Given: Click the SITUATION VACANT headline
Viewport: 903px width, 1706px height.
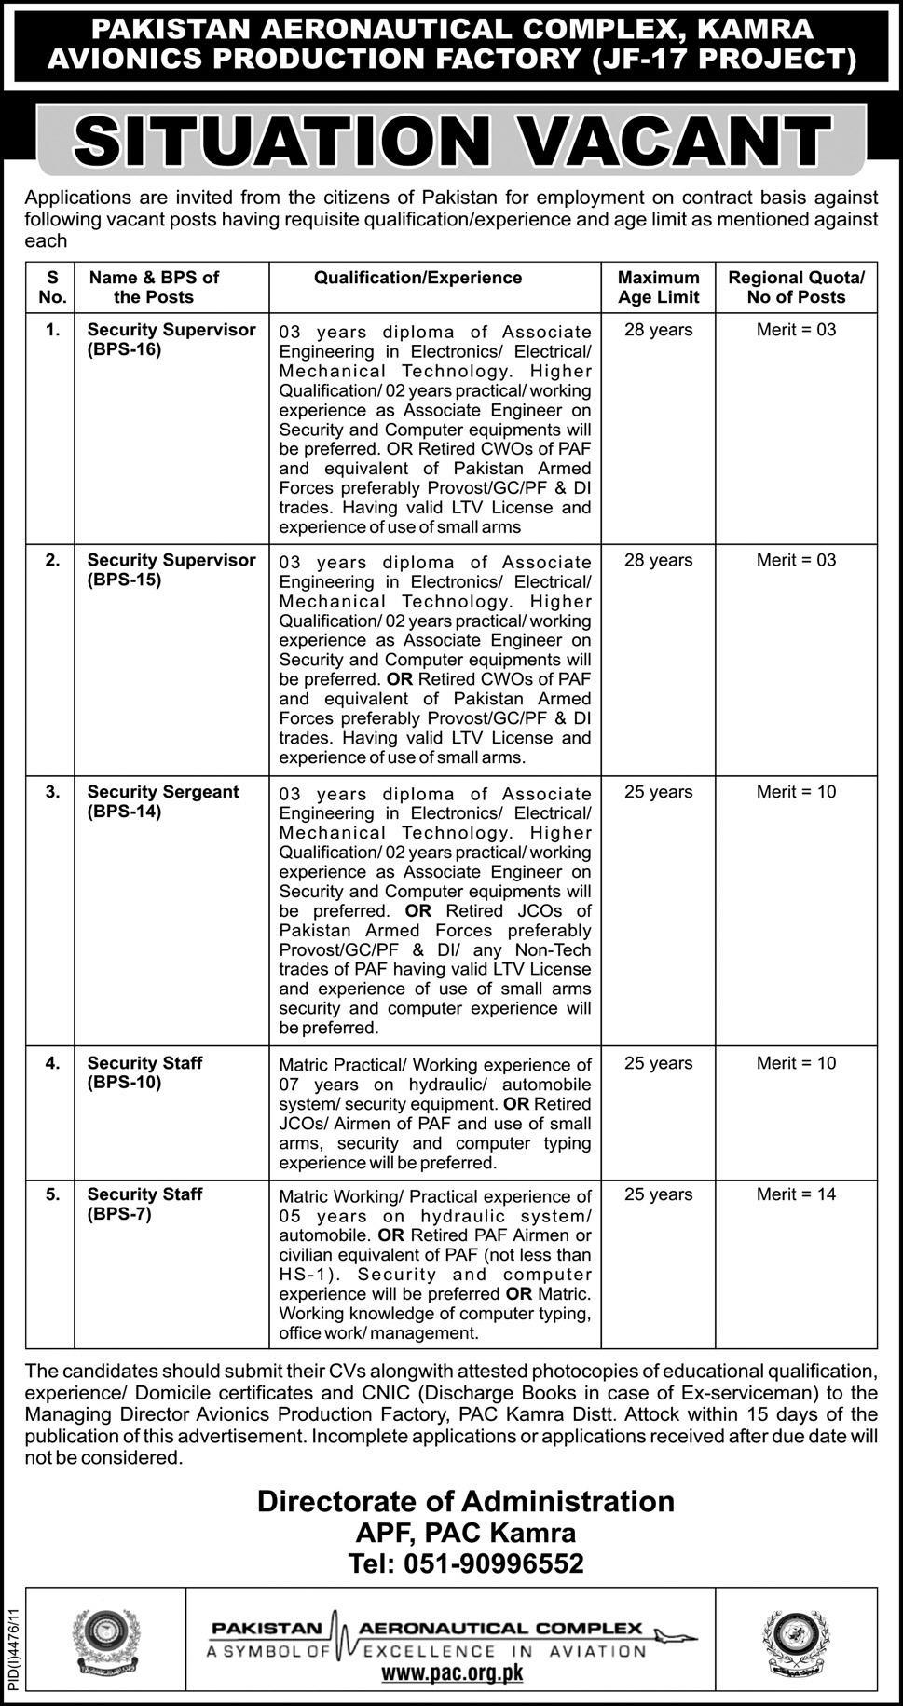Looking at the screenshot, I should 451,143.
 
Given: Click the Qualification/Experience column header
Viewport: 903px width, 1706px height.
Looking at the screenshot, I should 417,278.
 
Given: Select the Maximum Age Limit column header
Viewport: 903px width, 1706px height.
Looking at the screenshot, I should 658,287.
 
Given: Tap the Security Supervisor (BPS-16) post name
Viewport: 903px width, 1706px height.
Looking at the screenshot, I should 171,340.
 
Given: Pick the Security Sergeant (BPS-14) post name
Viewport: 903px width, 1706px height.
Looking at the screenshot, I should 163,801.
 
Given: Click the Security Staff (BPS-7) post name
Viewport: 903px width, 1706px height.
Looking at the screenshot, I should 144,1204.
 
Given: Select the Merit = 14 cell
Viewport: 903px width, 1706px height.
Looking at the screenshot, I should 796,1194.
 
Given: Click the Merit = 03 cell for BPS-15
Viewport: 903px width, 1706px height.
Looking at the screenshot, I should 796,560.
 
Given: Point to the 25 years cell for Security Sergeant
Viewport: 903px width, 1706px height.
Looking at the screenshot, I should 658,792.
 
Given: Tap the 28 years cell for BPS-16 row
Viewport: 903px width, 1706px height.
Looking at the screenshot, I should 658,330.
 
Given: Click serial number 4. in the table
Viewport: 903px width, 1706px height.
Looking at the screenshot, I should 53,1063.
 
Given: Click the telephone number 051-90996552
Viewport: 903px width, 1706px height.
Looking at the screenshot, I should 466,1563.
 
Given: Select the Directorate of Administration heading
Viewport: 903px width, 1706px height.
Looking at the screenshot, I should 466,1501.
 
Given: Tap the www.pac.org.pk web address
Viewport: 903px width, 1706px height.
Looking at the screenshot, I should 452,1672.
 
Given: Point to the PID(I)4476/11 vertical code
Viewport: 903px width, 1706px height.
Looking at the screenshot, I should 12,1645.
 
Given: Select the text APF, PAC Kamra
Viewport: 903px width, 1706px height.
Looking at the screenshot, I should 466,1533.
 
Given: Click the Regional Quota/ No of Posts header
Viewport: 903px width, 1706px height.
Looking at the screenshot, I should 796,287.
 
